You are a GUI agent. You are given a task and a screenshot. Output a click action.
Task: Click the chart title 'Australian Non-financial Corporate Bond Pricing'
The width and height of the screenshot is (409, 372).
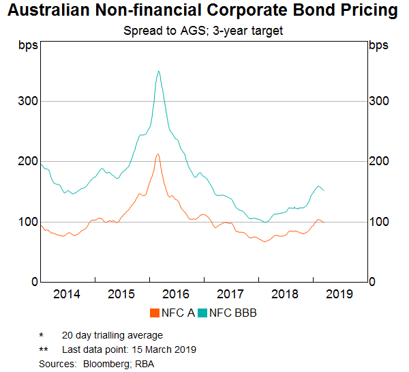pos(204,11)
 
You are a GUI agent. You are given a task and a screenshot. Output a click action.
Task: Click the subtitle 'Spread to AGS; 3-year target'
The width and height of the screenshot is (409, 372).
pos(204,31)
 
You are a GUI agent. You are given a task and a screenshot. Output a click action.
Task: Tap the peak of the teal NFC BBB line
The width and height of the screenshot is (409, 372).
pos(159,71)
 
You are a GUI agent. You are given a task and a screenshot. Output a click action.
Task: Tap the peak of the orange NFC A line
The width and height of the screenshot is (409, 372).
pos(157,154)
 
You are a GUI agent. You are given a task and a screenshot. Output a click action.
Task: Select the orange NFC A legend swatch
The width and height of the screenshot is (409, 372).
pos(155,313)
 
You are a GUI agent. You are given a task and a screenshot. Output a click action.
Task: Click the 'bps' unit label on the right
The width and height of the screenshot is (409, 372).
pos(378,46)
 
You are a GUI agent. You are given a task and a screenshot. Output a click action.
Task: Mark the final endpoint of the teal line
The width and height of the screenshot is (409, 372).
pos(324,190)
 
